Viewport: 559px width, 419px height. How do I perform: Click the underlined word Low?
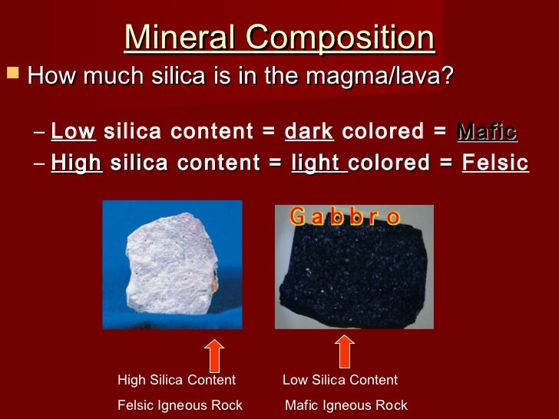(x=73, y=131)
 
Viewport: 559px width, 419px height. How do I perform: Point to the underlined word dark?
(x=309, y=131)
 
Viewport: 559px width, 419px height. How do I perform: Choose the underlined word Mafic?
(x=487, y=131)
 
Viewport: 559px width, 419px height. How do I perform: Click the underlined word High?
(x=77, y=163)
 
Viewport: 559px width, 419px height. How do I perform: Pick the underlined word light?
(x=319, y=163)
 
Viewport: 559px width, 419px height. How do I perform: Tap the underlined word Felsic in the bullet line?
(x=495, y=163)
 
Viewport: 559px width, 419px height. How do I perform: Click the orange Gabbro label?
(x=345, y=217)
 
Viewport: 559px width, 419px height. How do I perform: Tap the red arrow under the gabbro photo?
(x=345, y=351)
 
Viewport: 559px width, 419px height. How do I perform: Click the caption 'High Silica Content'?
(x=177, y=380)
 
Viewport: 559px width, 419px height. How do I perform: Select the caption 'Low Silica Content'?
(x=340, y=380)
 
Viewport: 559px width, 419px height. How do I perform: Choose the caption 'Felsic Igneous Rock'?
(x=180, y=405)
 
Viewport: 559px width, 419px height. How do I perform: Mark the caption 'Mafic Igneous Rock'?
(x=346, y=405)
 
